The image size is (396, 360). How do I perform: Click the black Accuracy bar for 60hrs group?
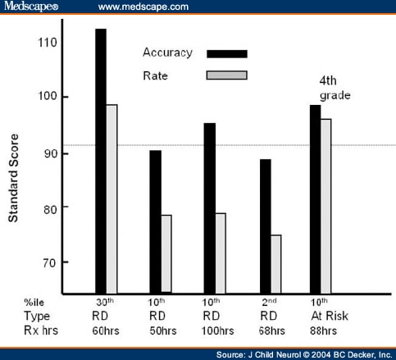(101, 161)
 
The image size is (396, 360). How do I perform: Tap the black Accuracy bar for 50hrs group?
(155, 221)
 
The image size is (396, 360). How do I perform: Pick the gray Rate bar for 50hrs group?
(166, 253)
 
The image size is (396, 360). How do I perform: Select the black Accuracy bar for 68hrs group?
(264, 226)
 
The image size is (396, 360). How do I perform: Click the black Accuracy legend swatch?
(226, 54)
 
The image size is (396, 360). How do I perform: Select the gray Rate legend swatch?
(226, 76)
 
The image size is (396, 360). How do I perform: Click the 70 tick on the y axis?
(49, 262)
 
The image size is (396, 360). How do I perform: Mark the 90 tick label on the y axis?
(49, 153)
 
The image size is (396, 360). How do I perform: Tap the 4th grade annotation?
(335, 88)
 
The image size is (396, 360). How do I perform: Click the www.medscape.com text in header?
(143, 7)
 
